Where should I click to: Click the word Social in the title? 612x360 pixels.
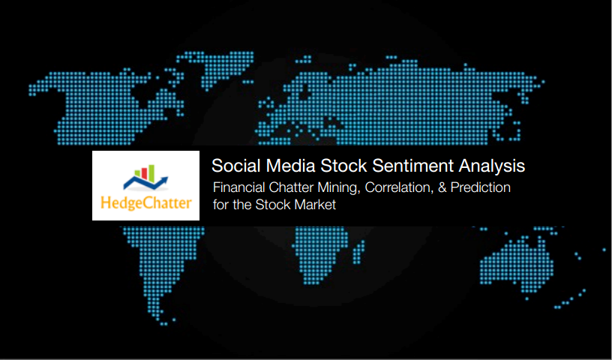235,166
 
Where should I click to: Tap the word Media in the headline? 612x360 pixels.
290,166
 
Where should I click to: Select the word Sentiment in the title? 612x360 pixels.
413,166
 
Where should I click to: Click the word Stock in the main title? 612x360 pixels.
343,166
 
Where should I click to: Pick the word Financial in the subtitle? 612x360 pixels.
238,187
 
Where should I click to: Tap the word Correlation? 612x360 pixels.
399,187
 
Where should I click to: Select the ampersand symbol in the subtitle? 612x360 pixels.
442,187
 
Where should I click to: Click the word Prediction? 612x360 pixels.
481,187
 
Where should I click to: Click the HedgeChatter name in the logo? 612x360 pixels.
146,203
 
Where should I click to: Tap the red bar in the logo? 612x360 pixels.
144,173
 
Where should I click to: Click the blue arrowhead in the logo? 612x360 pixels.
164,180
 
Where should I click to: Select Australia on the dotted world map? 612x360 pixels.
517,263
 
